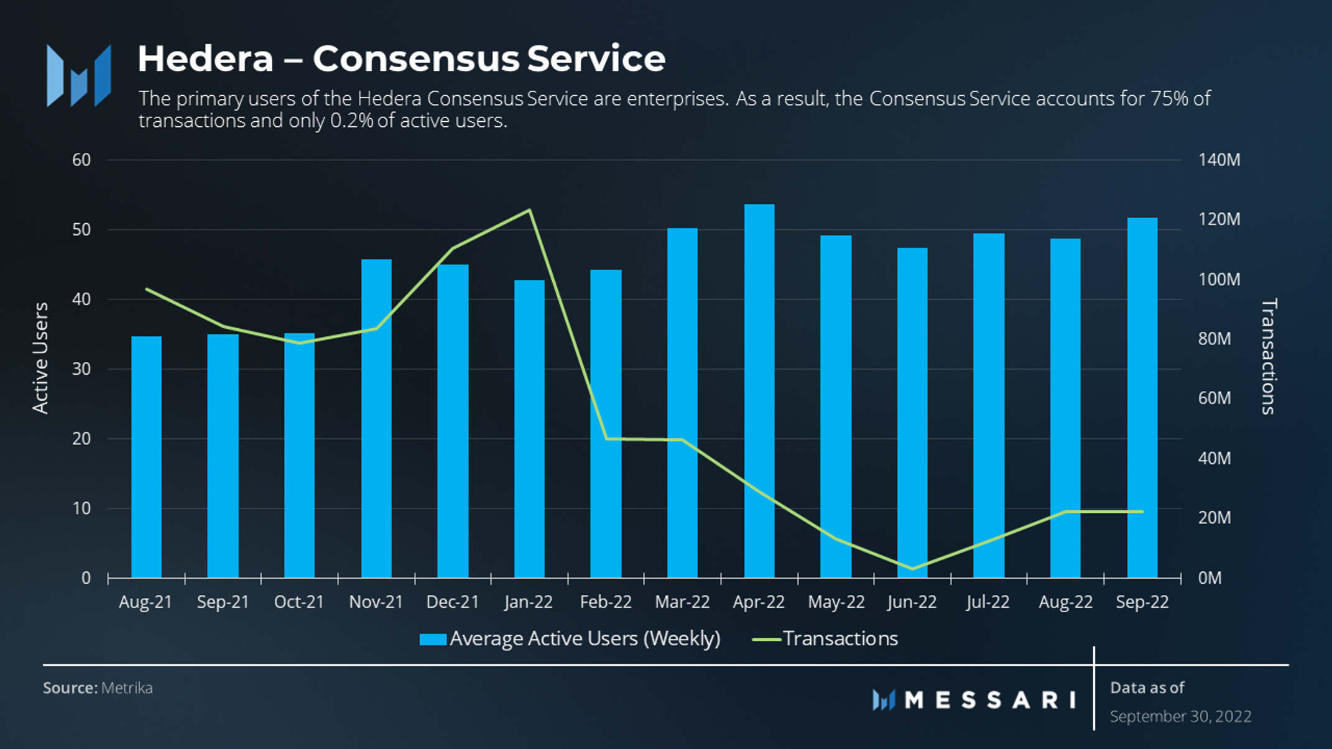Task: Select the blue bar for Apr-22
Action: pyautogui.click(x=759, y=392)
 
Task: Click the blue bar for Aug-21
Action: pyautogui.click(x=146, y=457)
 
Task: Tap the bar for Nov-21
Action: pyautogui.click(x=376, y=418)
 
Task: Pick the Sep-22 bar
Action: pyautogui.click(x=1142, y=398)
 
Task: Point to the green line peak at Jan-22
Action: pyautogui.click(x=529, y=210)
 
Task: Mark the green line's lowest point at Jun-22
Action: pyautogui.click(x=912, y=568)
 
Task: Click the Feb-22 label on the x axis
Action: pyautogui.click(x=606, y=602)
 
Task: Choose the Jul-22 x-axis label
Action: pyautogui.click(x=988, y=602)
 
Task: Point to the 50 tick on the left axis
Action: pyautogui.click(x=81, y=229)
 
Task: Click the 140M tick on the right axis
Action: pyautogui.click(x=1219, y=160)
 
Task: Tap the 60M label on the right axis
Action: pyautogui.click(x=1214, y=398)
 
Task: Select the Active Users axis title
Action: pyautogui.click(x=40, y=358)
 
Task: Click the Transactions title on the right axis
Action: pyautogui.click(x=1269, y=356)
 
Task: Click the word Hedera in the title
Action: pyautogui.click(x=205, y=58)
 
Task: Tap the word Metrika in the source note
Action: pyautogui.click(x=127, y=688)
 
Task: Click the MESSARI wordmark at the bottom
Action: pyautogui.click(x=989, y=700)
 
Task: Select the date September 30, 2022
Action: pyautogui.click(x=1180, y=716)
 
